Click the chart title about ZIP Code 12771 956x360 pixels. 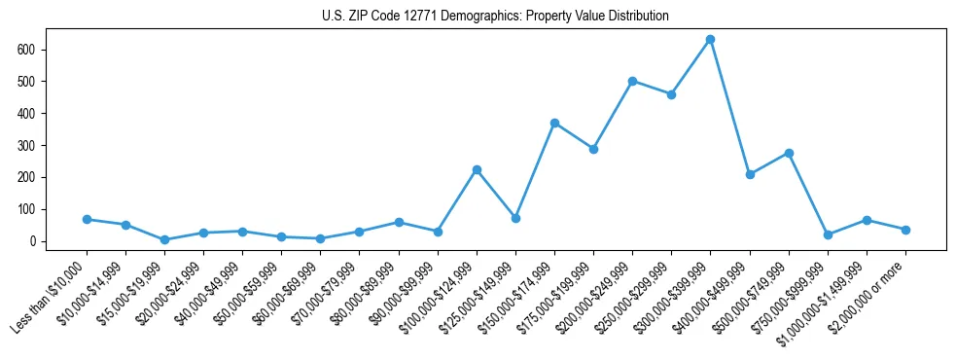coord(495,17)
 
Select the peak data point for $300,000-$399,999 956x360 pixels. coord(711,39)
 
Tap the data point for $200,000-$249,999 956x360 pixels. coord(632,81)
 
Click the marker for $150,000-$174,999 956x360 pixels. coord(554,123)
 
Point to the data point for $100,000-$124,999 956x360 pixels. coord(477,169)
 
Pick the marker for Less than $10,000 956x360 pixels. coord(87,219)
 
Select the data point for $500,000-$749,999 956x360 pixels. coord(789,153)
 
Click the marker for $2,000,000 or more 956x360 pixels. coord(905,230)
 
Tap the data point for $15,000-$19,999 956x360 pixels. coord(164,239)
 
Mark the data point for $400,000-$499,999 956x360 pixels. coord(750,174)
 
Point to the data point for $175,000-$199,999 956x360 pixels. coord(593,149)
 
